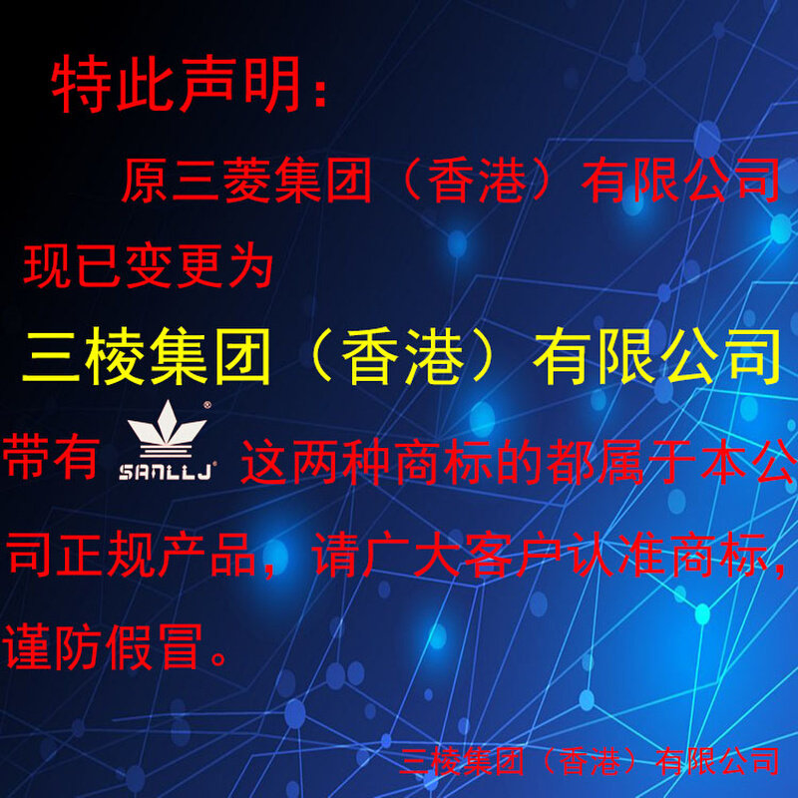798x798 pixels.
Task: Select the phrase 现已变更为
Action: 148,266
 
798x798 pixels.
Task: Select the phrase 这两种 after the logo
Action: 330,464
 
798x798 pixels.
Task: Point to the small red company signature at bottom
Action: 589,761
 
